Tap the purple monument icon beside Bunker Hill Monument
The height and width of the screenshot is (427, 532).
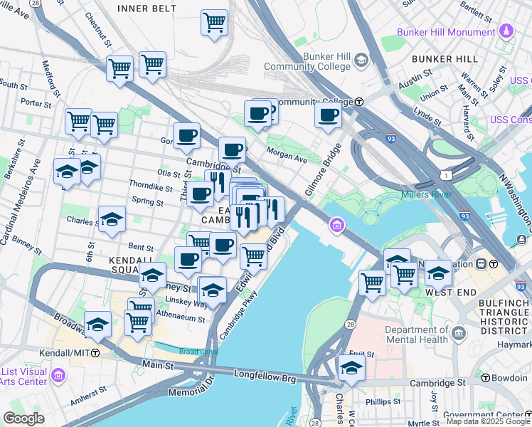[x=506, y=31]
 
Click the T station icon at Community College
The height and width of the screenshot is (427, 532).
[x=360, y=102]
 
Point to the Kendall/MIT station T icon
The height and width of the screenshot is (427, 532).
[x=95, y=352]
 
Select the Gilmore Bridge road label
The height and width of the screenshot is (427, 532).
[x=321, y=168]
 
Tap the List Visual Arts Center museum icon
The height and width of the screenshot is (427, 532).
[x=58, y=374]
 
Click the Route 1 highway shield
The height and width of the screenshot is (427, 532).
[x=444, y=174]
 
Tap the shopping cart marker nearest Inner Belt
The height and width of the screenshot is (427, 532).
[x=214, y=23]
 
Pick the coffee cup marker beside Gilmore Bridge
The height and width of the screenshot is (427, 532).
[x=328, y=115]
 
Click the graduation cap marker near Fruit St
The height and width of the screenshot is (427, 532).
[x=351, y=368]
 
